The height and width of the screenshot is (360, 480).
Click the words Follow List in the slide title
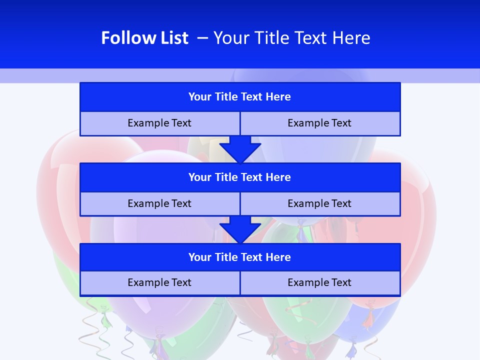pyautogui.click(x=144, y=38)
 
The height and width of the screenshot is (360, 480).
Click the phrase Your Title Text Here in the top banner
pyautogui.click(x=291, y=38)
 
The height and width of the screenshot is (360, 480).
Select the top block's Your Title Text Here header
pyautogui.click(x=239, y=97)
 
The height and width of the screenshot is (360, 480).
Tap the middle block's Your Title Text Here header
pyautogui.click(x=239, y=177)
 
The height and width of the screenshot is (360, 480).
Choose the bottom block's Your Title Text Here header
pyautogui.click(x=239, y=257)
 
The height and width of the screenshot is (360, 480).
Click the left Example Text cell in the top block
pyautogui.click(x=159, y=123)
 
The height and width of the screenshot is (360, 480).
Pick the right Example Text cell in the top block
pyautogui.click(x=319, y=123)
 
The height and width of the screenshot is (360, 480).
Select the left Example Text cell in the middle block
pyautogui.click(x=159, y=203)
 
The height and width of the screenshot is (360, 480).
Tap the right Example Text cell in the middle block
pyautogui.click(x=319, y=203)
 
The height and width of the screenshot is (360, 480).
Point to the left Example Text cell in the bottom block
pyautogui.click(x=159, y=282)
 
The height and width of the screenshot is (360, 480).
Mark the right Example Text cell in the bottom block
pyautogui.click(x=319, y=282)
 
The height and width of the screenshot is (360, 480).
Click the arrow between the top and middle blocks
pyautogui.click(x=240, y=149)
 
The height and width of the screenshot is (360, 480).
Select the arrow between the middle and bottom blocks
pyautogui.click(x=240, y=229)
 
